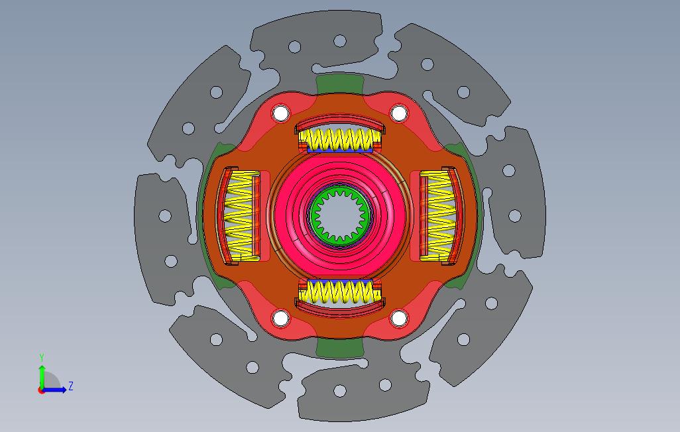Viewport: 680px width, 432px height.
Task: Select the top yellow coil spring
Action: (341, 140)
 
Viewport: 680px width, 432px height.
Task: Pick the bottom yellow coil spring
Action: (341, 291)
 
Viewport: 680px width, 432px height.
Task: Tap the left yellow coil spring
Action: (240, 216)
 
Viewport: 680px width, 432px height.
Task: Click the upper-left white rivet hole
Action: (280, 114)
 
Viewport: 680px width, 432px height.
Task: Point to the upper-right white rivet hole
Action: (399, 114)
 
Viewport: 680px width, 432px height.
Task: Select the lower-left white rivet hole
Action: (280, 318)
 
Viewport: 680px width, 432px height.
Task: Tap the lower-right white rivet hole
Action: (399, 318)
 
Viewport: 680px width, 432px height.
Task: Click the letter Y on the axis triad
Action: (42, 357)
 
